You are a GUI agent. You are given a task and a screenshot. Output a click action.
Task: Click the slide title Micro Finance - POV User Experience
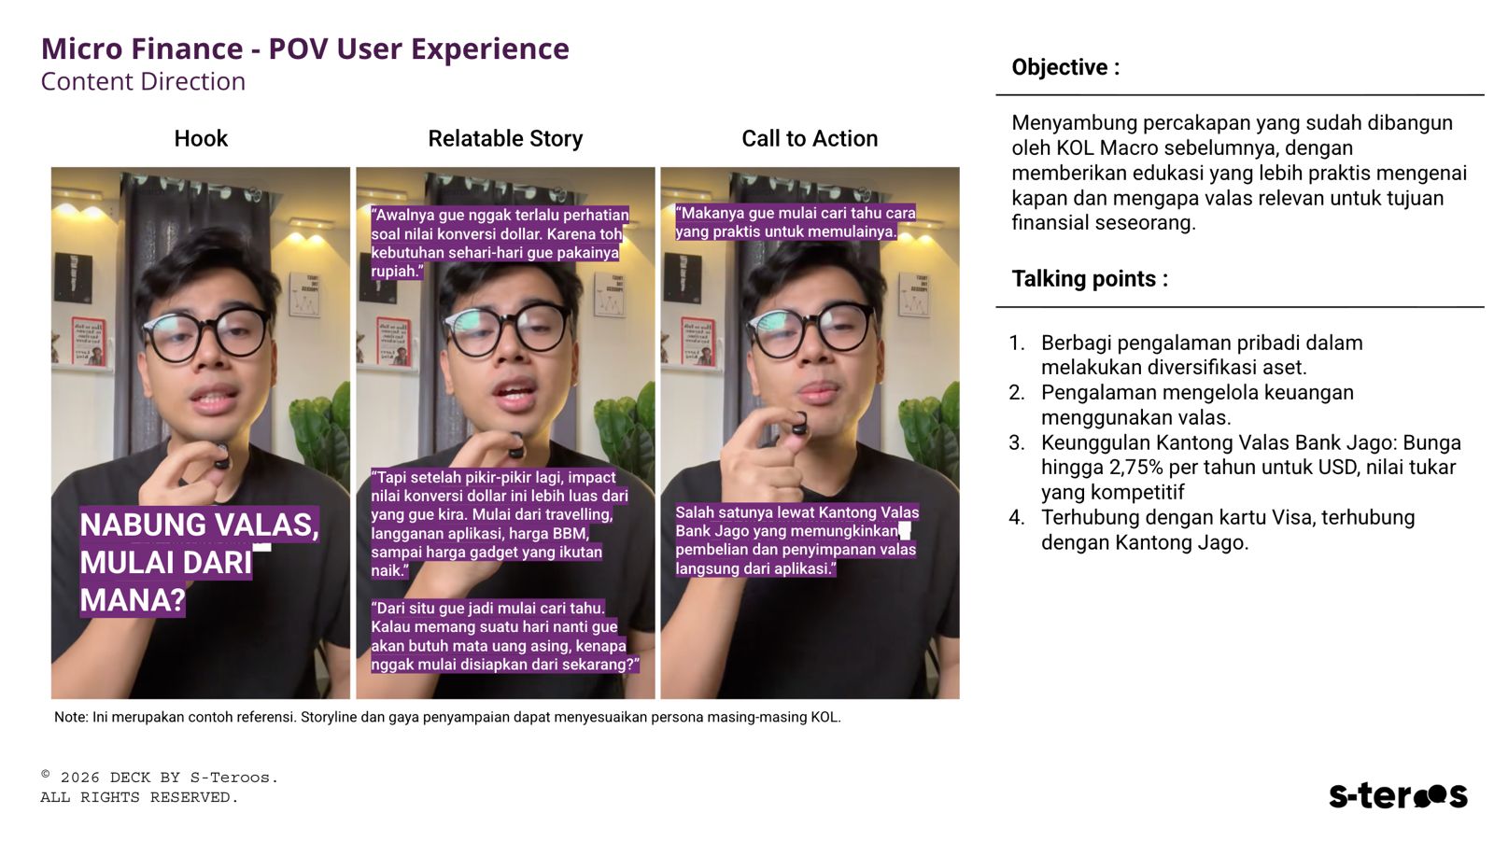point(304,49)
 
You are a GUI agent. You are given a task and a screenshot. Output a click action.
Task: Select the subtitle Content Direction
point(144,81)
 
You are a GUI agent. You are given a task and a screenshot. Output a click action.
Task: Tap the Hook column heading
point(201,138)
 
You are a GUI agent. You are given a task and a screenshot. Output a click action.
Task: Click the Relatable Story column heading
point(505,138)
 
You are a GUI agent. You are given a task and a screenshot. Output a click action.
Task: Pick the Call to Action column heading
point(810,138)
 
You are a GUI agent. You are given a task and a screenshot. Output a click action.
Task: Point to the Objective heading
point(1065,66)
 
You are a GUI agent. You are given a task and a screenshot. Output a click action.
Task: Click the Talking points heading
point(1090,278)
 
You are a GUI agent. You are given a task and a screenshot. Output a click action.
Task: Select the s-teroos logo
point(1398,795)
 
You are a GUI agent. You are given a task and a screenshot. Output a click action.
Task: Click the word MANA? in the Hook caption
point(133,599)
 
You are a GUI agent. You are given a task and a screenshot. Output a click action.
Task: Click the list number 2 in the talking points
point(1017,392)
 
